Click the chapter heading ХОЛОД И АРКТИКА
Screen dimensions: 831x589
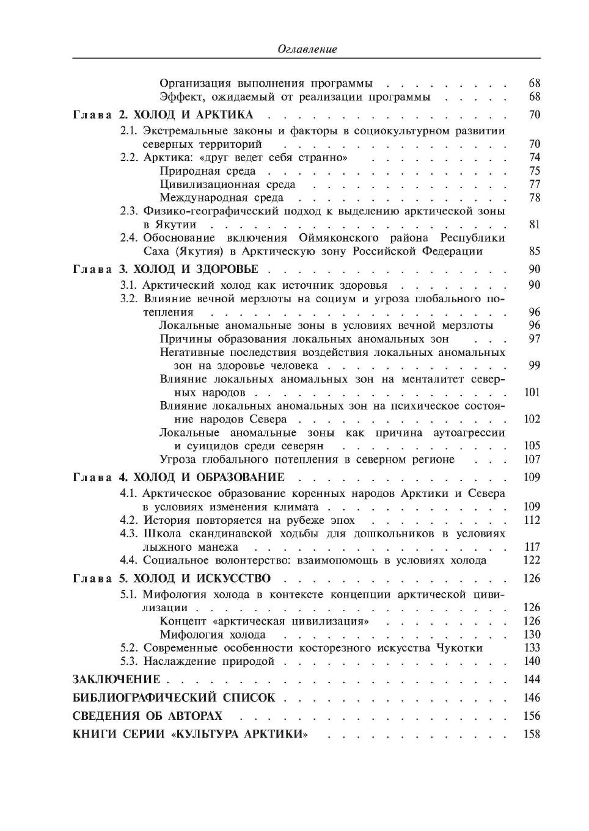coord(192,115)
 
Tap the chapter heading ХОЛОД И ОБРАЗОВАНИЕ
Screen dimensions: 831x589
coord(209,477)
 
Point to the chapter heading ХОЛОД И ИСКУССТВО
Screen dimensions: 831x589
coord(202,578)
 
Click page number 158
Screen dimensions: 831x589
coord(532,734)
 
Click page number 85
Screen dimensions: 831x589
coord(534,251)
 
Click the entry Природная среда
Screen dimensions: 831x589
coord(208,171)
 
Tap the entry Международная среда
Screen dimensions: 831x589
coord(221,198)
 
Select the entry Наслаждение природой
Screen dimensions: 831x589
coord(209,661)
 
